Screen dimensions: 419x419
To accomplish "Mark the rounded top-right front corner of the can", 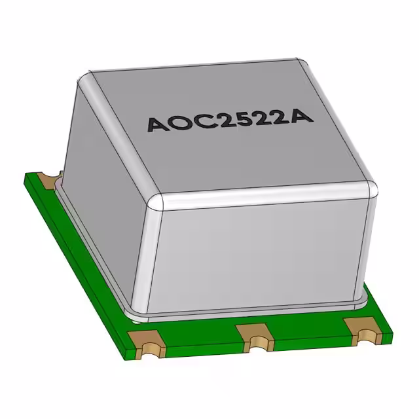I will pos(370,189).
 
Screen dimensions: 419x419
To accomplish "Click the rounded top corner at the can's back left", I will pos(84,80).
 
